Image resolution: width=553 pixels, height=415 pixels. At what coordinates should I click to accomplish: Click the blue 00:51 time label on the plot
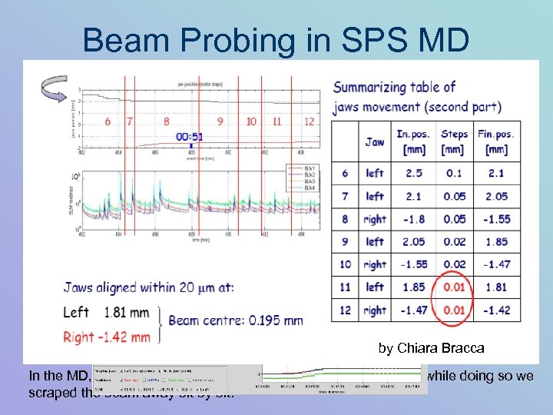(189, 136)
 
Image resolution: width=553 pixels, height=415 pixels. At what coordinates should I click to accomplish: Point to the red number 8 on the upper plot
(167, 121)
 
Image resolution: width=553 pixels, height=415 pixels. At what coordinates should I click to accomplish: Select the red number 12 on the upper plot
(309, 121)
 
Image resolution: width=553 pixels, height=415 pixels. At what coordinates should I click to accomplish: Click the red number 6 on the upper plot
(108, 121)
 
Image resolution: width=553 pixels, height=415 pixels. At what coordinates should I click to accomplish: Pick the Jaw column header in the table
(375, 141)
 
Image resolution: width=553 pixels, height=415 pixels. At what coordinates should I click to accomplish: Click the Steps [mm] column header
(454, 141)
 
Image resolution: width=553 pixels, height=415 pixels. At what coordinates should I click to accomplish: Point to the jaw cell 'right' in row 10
(375, 264)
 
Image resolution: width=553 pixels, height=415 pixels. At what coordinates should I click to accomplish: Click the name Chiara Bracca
(449, 348)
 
